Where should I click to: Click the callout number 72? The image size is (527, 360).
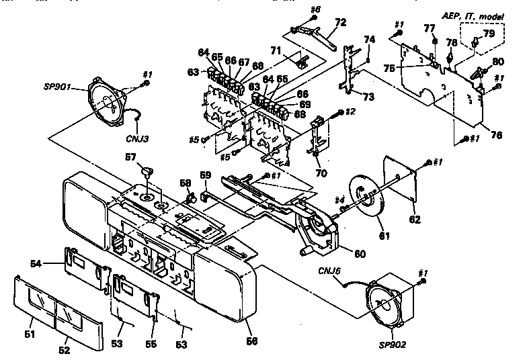[340, 22]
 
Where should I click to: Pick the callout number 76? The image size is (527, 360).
[495, 135]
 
